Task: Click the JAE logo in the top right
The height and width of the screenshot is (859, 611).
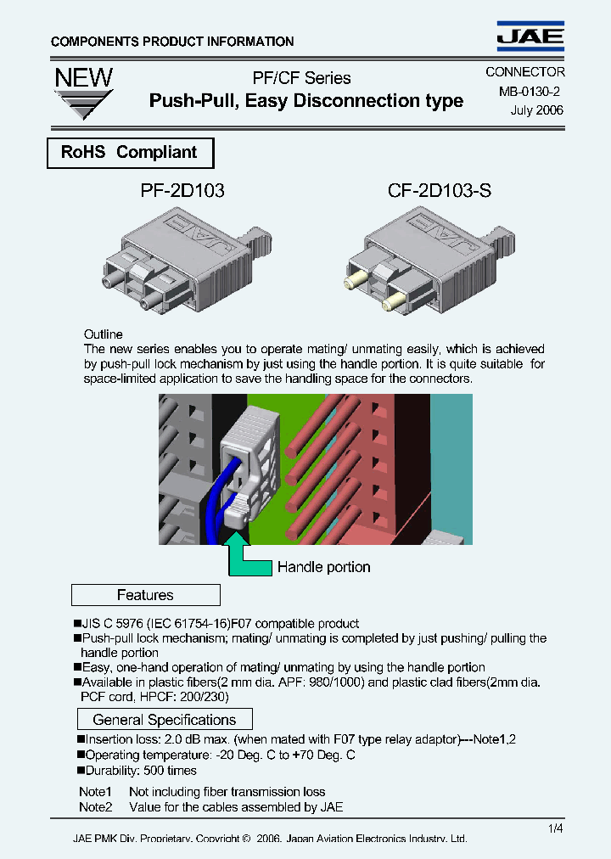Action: [530, 36]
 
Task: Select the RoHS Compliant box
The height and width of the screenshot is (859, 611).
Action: [129, 153]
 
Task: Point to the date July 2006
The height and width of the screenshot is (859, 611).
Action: [536, 109]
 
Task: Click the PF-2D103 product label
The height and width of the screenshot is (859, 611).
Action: [182, 191]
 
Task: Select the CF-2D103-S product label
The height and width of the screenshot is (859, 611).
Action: [439, 191]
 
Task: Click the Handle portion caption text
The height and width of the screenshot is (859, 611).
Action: [323, 567]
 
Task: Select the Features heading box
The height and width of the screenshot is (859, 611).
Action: [145, 595]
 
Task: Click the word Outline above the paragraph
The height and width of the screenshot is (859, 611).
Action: [103, 334]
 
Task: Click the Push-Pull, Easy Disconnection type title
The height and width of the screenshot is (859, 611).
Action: [305, 101]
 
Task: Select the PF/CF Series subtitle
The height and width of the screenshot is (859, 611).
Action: [301, 78]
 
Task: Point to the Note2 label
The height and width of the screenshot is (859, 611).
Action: [95, 807]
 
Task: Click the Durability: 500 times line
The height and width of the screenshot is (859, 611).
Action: [140, 771]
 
